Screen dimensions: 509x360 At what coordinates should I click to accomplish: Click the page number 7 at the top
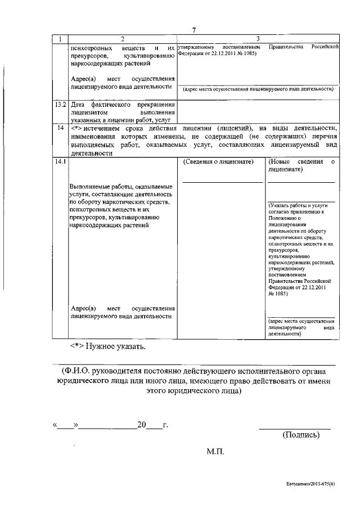pyautogui.click(x=193, y=30)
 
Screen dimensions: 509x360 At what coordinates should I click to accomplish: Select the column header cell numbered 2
pyautogui.click(x=122, y=39)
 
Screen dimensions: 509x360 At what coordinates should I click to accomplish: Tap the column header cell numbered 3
pyautogui.click(x=258, y=39)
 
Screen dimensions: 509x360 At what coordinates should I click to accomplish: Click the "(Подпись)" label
pyautogui.click(x=300, y=435)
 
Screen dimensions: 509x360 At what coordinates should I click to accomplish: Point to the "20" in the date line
pyautogui.click(x=142, y=425)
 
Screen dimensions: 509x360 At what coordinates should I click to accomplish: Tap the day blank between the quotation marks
pyautogui.click(x=67, y=425)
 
